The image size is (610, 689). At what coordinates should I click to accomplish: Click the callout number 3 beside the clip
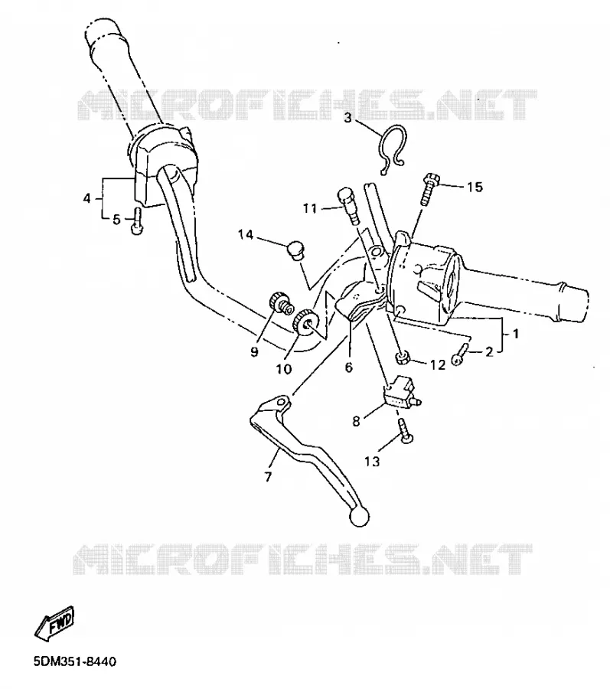pos(347,118)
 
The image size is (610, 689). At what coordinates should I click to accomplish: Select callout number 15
pos(475,187)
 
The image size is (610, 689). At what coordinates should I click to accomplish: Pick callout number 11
pos(310,207)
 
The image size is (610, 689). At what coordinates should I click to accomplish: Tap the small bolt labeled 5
pos(136,221)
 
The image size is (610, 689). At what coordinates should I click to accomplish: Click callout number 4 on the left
pos(86,198)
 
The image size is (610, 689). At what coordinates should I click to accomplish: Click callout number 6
pos(349,367)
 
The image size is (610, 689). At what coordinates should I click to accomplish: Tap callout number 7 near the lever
pos(269,476)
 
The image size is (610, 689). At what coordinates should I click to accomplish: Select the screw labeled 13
pos(405,433)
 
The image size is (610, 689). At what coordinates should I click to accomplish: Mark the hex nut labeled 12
pos(403,358)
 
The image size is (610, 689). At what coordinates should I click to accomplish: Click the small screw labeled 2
pos(461,354)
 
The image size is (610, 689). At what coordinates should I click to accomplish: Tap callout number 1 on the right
pos(516,334)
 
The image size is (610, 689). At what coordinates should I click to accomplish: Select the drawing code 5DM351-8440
pos(75,661)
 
